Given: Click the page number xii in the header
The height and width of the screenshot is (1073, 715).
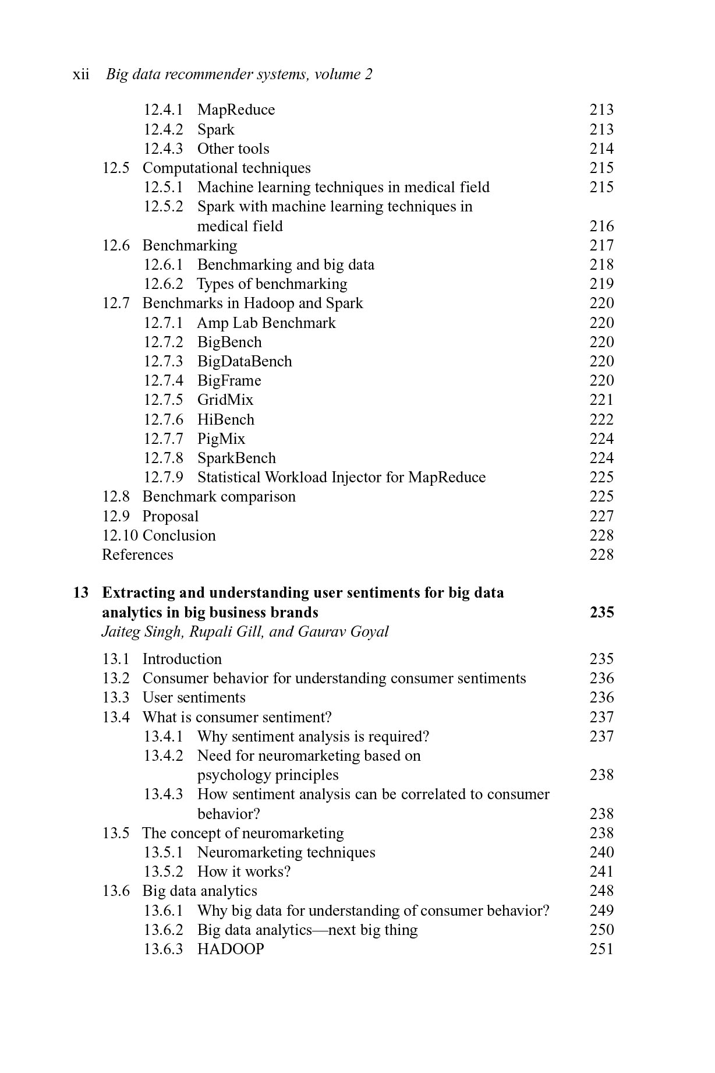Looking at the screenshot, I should tap(81, 75).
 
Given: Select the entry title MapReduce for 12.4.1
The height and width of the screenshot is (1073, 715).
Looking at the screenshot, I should tap(236, 110).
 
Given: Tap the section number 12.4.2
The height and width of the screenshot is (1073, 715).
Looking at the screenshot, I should tap(163, 129).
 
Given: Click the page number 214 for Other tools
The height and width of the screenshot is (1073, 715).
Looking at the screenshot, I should tap(601, 149).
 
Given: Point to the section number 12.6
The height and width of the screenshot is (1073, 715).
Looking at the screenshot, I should tap(116, 245).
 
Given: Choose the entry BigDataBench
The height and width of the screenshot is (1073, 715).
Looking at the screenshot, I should tap(245, 361).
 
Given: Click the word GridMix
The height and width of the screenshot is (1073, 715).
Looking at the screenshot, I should tap(225, 400).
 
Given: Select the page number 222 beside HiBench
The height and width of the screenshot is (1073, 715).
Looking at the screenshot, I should tap(601, 419).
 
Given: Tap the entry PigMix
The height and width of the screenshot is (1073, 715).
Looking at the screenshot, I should tap(221, 439).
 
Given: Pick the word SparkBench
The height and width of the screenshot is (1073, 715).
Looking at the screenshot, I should tap(236, 458).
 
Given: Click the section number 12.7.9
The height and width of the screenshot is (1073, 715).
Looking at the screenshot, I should tap(163, 477).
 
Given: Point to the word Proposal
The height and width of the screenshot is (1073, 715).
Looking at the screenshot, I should tap(171, 516).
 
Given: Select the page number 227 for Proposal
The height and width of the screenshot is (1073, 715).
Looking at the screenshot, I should tap(601, 516).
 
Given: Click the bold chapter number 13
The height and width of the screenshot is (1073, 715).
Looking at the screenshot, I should tap(81, 593).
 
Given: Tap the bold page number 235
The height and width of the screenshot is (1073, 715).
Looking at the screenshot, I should tap(601, 612).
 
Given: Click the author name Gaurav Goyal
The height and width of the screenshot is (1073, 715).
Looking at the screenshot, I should tap(343, 632).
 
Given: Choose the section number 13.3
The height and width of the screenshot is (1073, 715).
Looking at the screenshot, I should tap(116, 697).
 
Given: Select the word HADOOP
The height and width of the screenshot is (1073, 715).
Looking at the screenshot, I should tap(231, 949).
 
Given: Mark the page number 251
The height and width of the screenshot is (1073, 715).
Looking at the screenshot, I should tap(601, 949).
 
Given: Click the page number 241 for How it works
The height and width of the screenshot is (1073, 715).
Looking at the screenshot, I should tap(601, 871).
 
